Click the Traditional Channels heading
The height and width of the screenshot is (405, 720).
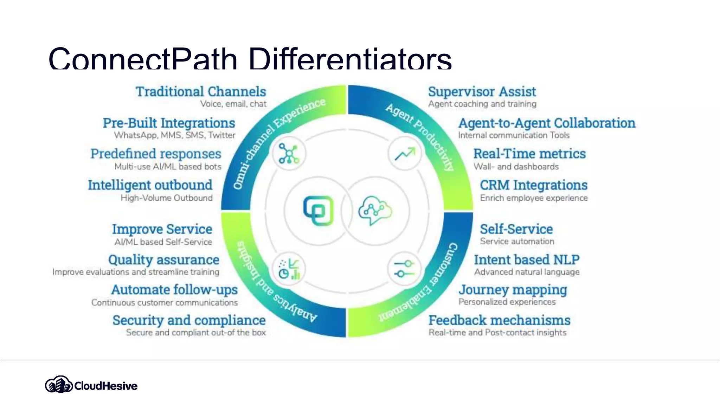click(x=201, y=92)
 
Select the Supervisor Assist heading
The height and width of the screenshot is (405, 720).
click(x=482, y=92)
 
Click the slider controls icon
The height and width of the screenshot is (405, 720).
click(x=404, y=269)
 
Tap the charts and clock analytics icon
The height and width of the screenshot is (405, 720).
click(x=289, y=269)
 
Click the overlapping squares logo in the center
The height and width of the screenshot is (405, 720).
click(x=319, y=211)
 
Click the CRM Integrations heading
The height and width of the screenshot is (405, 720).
click(x=534, y=185)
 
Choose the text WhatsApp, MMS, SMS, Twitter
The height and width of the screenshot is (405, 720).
click(x=175, y=135)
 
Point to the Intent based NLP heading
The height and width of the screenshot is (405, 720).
click(x=527, y=260)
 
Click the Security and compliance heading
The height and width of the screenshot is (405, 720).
click(x=189, y=320)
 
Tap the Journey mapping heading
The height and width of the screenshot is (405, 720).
click(x=513, y=290)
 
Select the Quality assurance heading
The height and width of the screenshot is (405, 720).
click(x=164, y=260)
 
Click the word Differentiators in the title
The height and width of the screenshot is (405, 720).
click(x=350, y=59)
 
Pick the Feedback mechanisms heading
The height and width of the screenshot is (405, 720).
click(x=499, y=320)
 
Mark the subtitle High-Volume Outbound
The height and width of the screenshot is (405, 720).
click(x=167, y=198)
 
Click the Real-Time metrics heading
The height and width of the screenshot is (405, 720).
click(x=529, y=154)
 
